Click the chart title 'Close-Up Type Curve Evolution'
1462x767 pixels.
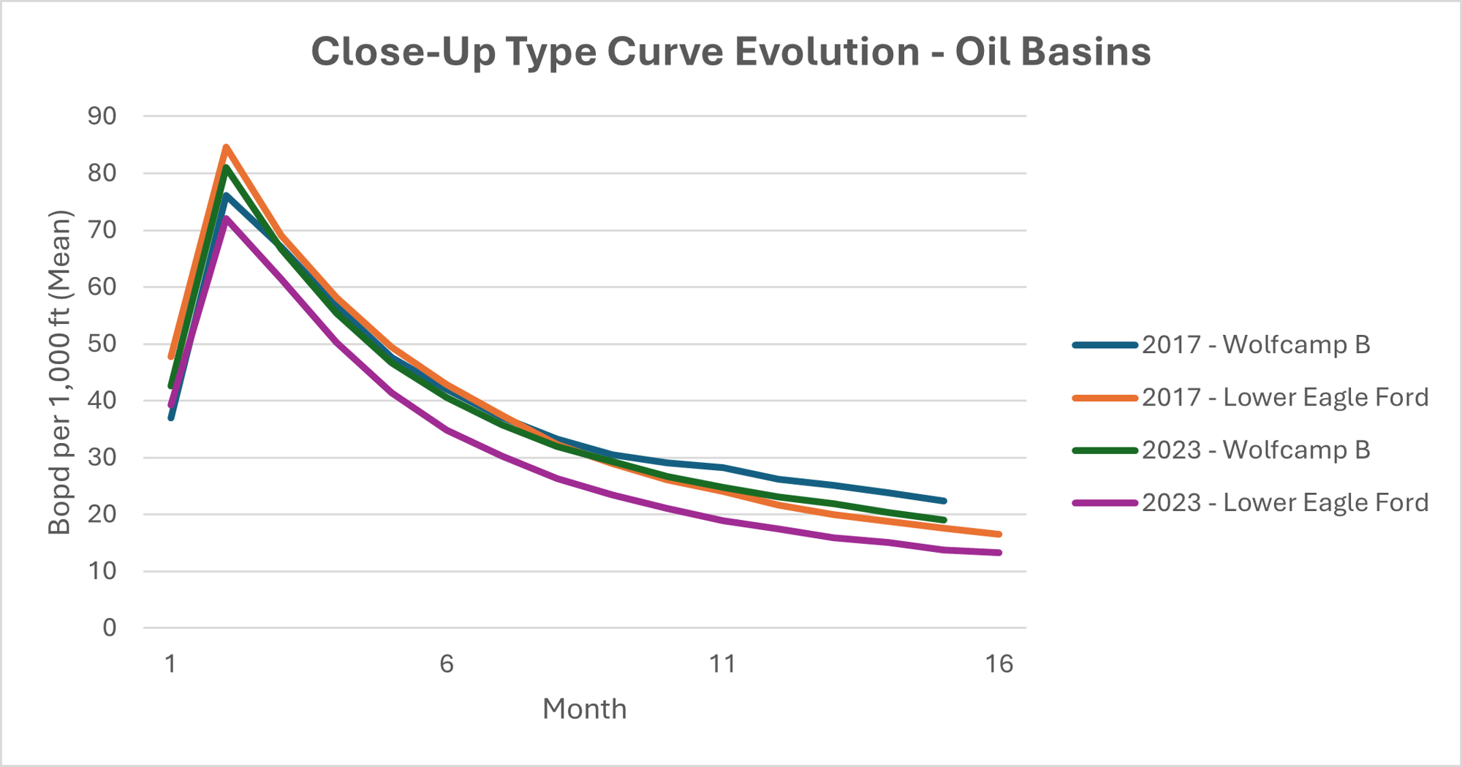pos(730,52)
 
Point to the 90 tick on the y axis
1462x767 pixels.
pos(102,116)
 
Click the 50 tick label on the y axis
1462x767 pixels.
pos(102,344)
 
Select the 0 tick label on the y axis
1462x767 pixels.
pos(109,627)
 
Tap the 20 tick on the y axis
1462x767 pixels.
pos(102,514)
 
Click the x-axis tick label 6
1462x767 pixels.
pos(447,664)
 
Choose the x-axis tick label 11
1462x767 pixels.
pos(722,664)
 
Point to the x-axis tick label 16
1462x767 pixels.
pos(999,664)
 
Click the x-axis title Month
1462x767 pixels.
pos(584,709)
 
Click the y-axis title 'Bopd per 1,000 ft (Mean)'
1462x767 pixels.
pos(60,372)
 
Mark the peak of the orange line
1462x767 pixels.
pos(226,147)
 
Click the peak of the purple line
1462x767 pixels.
pos(226,218)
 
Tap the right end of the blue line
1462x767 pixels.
pos(944,501)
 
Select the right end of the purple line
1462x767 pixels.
pos(999,553)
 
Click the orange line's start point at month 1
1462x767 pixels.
pos(171,357)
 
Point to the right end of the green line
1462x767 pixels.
pos(944,520)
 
